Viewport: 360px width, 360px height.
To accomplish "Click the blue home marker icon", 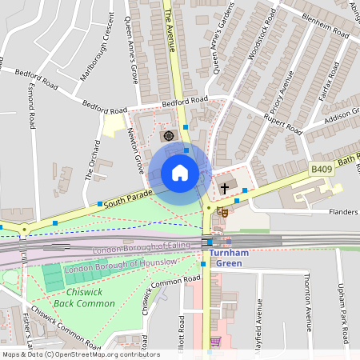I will tap(180, 173).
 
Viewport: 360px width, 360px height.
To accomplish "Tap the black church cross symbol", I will tap(225, 188).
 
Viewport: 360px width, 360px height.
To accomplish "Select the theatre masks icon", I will tap(225, 212).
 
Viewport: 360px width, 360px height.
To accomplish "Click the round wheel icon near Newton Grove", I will tap(169, 136).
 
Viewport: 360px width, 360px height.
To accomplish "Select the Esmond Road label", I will tap(33, 109).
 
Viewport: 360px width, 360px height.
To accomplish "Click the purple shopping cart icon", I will tap(214, 342).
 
